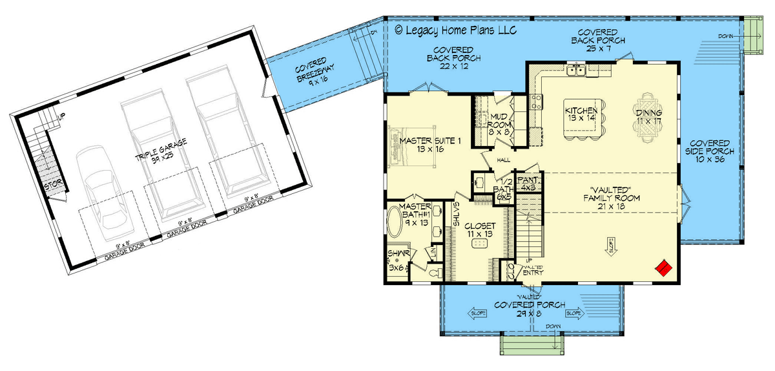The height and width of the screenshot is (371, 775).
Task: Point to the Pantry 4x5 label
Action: point(528,183)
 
